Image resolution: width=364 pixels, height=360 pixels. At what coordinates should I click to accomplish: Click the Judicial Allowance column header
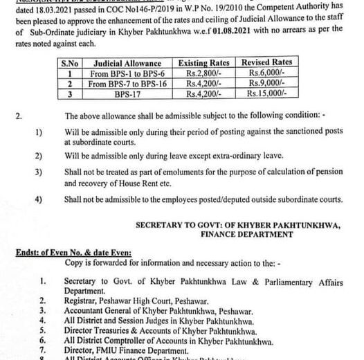tap(122, 62)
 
